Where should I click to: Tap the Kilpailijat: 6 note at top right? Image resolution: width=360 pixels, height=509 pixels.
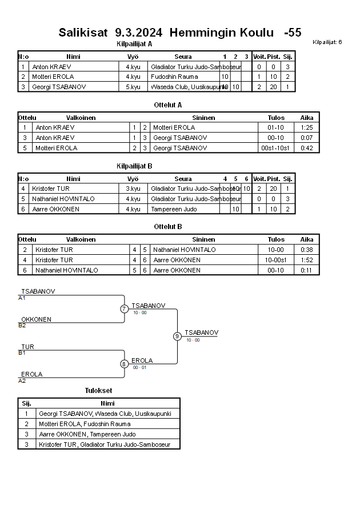point(327,42)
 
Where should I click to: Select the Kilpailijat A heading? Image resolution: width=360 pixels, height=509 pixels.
point(134,43)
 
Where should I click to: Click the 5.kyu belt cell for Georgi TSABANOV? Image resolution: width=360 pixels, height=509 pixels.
point(133,87)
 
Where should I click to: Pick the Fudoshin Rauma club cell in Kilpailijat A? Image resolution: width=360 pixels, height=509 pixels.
point(170,77)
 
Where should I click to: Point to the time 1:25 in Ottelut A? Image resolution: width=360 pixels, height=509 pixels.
point(307,127)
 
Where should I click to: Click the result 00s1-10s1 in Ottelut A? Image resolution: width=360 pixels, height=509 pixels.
point(276,148)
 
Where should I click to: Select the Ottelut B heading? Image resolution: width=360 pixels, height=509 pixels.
point(168,227)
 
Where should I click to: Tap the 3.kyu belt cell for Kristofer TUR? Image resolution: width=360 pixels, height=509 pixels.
point(133,189)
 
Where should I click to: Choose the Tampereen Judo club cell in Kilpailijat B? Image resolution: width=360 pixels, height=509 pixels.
point(174,209)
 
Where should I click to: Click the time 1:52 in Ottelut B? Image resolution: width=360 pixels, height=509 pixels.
point(307,260)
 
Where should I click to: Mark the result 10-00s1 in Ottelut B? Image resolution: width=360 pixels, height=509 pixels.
point(276,260)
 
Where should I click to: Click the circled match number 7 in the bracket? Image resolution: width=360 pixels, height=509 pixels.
point(124,309)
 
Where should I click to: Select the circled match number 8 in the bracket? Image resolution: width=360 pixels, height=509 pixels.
point(124,364)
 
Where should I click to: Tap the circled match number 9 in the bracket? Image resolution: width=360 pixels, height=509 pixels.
point(177,336)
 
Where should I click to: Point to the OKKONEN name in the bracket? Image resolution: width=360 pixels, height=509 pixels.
point(36,319)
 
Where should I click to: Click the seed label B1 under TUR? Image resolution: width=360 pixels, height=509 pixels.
point(22,353)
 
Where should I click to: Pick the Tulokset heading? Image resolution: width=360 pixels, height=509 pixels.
point(99,391)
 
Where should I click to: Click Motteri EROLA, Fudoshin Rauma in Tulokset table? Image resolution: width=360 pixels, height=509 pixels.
point(85,424)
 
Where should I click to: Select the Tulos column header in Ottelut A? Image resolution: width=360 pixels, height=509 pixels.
point(276,118)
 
